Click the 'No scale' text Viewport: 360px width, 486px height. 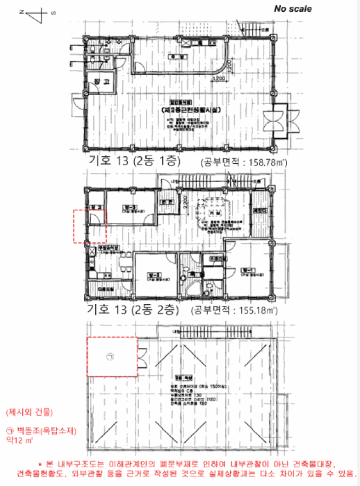[x=293, y=9]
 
